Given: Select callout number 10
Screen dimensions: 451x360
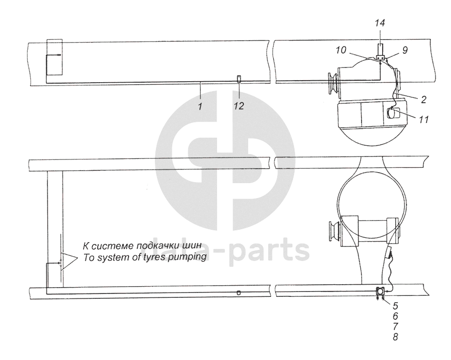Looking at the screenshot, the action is (x=342, y=50).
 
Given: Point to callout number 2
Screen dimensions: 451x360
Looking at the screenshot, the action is (x=423, y=99).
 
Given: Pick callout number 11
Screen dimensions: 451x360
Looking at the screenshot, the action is (x=424, y=119).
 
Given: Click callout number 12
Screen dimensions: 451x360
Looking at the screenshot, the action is (x=238, y=106).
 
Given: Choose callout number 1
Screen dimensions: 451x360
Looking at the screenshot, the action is (x=200, y=106).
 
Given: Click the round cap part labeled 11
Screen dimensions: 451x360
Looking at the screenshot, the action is (x=393, y=113).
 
